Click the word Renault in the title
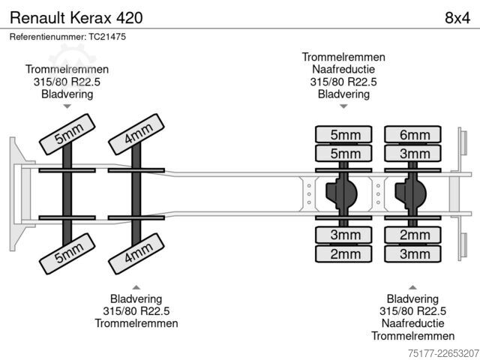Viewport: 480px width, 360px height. click(x=38, y=18)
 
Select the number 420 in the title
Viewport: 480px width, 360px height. click(x=129, y=18)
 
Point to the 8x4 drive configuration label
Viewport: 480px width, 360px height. click(x=457, y=18)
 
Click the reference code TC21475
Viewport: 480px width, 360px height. click(x=107, y=37)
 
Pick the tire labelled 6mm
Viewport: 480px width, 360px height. click(x=412, y=134)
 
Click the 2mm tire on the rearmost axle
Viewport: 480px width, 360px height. click(x=412, y=235)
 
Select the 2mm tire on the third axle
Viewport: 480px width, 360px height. click(x=343, y=253)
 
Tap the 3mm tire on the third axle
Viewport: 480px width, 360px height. click(x=343, y=235)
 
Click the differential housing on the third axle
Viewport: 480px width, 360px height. click(x=341, y=193)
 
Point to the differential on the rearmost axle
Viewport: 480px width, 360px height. click(x=410, y=193)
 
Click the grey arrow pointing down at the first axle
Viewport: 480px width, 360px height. click(x=67, y=106)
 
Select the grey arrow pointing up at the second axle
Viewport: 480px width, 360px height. click(x=136, y=287)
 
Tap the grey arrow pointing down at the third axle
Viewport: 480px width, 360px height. click(x=343, y=106)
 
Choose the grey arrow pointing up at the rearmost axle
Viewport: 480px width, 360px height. click(x=412, y=287)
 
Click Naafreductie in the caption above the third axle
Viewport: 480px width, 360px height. click(x=343, y=69)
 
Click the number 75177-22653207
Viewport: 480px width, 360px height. click(x=443, y=353)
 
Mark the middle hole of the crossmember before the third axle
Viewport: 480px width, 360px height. click(x=309, y=194)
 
